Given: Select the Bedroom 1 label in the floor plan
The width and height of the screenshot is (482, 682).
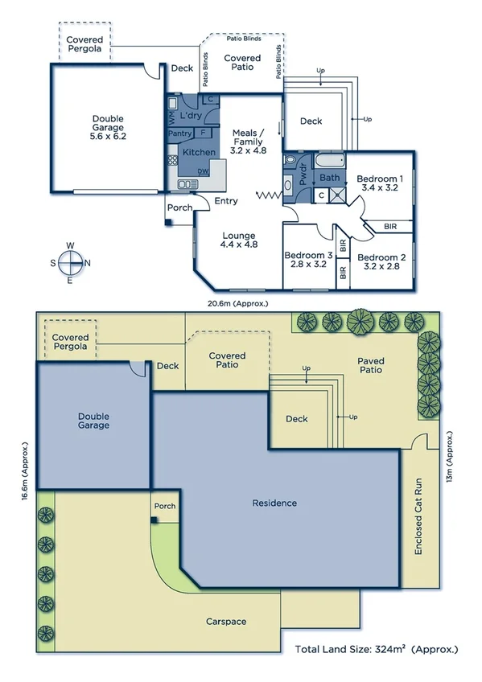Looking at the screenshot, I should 380,183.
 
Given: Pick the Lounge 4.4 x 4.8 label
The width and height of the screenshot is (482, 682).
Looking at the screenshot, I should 240,240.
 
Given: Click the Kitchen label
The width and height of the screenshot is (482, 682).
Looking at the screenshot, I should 199,152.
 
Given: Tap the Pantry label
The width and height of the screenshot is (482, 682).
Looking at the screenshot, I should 180,134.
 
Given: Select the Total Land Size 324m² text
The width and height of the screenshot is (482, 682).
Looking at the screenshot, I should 376,648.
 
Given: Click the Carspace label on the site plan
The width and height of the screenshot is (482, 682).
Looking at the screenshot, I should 226,622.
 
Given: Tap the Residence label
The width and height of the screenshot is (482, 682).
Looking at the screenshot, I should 274,503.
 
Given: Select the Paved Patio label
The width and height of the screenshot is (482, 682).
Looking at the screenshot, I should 370,366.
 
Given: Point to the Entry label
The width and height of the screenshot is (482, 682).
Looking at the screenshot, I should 226,201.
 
